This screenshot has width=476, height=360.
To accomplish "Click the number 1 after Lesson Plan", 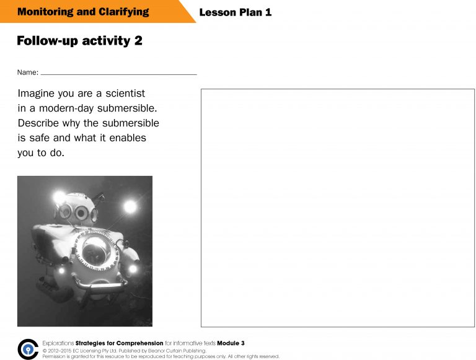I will click(268, 12).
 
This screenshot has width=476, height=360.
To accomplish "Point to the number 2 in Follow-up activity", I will click(138, 41).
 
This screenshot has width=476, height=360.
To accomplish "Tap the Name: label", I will click(27, 72).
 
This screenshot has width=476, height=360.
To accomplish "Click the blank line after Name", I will click(118, 74).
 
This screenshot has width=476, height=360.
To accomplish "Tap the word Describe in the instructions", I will click(38, 123).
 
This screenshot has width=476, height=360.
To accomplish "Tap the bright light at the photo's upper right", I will click(130, 206).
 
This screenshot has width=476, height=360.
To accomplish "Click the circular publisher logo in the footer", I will click(28, 349).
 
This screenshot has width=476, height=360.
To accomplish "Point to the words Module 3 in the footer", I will click(231, 343).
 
